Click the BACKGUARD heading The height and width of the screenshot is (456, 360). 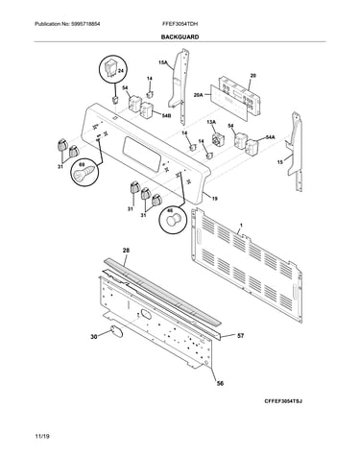[x=180, y=36]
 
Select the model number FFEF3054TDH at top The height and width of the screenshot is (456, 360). [x=180, y=24]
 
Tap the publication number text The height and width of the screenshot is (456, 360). [x=67, y=24]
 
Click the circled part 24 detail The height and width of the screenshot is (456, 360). [x=112, y=69]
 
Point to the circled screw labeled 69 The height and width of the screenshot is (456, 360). [x=84, y=174]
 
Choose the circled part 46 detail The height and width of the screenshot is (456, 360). [x=173, y=219]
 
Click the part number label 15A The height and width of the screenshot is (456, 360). [x=163, y=63]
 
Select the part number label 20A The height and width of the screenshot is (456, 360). [x=199, y=95]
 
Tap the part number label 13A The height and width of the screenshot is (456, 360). [x=211, y=122]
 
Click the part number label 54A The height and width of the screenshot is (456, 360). [x=270, y=137]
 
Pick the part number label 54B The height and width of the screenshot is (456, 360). [x=166, y=116]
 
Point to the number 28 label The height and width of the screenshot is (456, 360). [x=126, y=251]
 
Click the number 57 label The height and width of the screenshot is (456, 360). [x=240, y=336]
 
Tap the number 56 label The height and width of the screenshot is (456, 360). [x=220, y=383]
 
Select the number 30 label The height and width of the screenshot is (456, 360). [x=94, y=337]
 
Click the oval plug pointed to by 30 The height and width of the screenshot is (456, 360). [x=117, y=331]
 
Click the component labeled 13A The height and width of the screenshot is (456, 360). [x=218, y=139]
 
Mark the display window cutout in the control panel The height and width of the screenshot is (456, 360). [x=142, y=153]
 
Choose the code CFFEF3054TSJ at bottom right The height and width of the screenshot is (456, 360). [x=283, y=401]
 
